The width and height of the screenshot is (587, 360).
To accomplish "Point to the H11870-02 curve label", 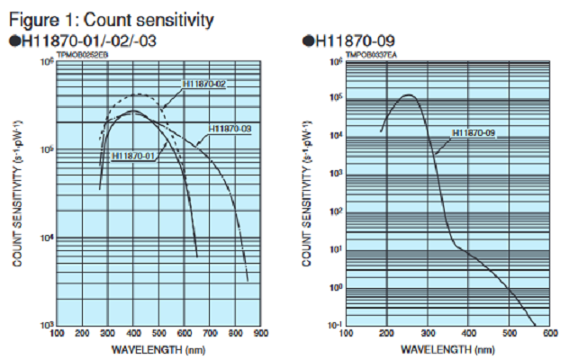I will click(x=203, y=84).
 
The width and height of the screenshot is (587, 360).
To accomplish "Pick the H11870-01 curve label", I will click(x=134, y=156).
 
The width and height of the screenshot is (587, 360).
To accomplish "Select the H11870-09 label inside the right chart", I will click(x=475, y=133).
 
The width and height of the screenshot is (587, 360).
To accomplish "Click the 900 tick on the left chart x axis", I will click(x=260, y=334).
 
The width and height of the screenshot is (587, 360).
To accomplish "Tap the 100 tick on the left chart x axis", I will click(x=57, y=334).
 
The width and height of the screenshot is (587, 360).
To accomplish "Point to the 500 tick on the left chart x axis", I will click(x=158, y=334).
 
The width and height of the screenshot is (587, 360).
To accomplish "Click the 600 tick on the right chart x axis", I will click(x=547, y=334).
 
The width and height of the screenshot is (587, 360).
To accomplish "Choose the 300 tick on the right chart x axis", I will click(x=427, y=334).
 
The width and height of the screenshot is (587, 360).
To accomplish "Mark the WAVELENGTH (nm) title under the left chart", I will click(x=158, y=347).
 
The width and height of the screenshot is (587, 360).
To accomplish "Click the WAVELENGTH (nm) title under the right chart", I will click(x=447, y=347).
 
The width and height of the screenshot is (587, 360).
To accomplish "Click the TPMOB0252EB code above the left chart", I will click(x=83, y=55).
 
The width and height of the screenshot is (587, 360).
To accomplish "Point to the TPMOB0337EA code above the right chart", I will click(x=370, y=55).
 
